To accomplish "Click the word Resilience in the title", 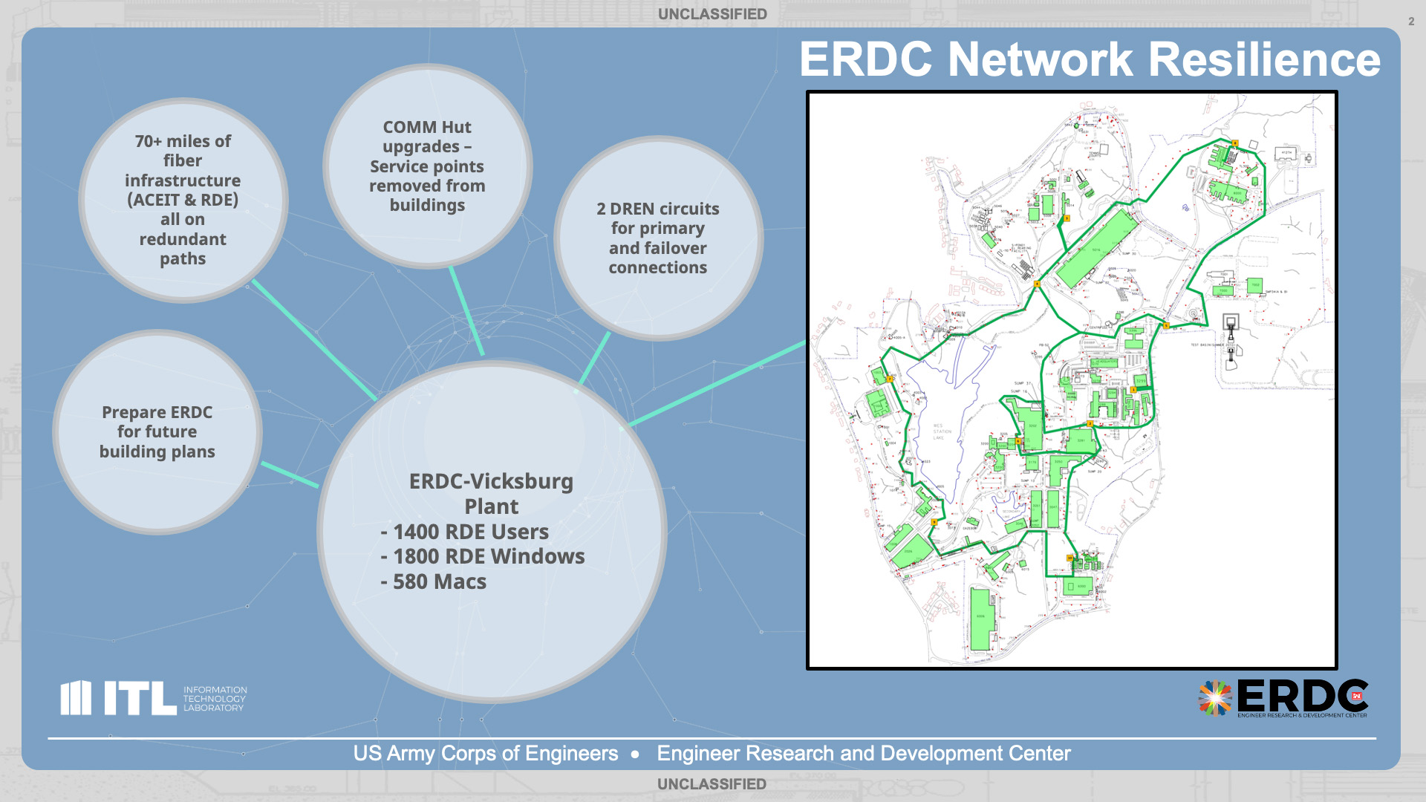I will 1264,59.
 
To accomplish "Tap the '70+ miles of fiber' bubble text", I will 183,200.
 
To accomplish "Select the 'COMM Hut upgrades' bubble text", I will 427,166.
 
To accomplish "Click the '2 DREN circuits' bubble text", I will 658,238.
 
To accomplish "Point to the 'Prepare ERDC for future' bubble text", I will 157,431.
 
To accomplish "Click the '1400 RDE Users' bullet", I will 470,532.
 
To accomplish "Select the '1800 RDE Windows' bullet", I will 488,556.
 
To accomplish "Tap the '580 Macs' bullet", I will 439,581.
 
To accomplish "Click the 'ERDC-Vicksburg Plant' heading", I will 491,494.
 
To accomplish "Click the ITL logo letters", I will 139,698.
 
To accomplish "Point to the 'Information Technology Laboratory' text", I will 215,699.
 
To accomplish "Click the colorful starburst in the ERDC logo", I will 1214,698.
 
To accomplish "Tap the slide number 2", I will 1411,22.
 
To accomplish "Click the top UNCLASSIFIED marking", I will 712,14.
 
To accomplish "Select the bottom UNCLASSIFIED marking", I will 712,784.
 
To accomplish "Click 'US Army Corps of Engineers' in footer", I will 486,753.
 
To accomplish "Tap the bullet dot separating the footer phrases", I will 635,754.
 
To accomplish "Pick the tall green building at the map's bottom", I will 981,618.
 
